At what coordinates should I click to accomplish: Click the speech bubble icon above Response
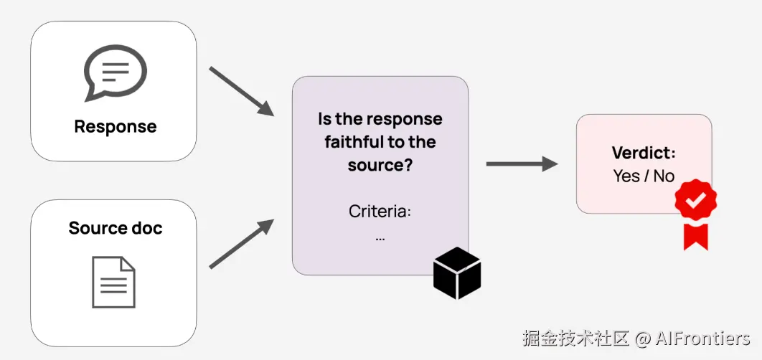pos(115,72)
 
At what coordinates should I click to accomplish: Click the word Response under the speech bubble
pos(115,127)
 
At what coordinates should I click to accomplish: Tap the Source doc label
pos(115,228)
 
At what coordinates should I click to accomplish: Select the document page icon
pos(113,282)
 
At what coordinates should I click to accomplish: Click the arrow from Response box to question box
pos(241,92)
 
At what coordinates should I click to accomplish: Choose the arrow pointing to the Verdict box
pos(521,164)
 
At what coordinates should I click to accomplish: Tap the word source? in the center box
pos(380,165)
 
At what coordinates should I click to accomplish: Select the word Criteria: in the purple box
pos(380,211)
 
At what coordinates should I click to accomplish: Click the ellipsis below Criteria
pos(380,237)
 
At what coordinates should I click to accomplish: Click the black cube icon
pos(457,273)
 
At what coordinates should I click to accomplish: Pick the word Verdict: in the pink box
pos(644,153)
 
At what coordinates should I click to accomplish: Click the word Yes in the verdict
pos(626,176)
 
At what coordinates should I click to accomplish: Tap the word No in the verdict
pos(664,176)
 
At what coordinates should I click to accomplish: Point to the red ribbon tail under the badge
pos(695,236)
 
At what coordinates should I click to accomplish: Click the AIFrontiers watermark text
pos(702,338)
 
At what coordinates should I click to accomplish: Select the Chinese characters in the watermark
pos(575,338)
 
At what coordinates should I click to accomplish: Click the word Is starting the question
pos(326,118)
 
